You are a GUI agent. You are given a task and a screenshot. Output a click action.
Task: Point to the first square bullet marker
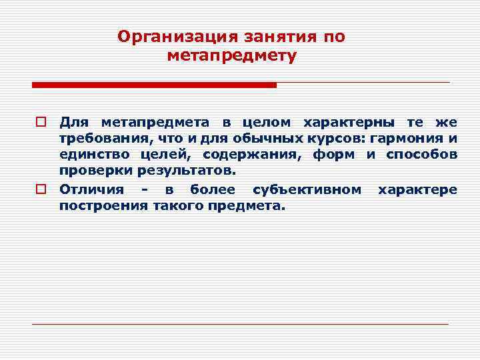click(40, 123)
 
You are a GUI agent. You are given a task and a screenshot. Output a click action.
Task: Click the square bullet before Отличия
click(40, 190)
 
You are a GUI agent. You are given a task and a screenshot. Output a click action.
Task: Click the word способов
click(422, 155)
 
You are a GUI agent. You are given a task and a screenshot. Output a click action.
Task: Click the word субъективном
click(307, 189)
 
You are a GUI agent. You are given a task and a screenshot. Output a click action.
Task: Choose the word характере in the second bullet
click(418, 189)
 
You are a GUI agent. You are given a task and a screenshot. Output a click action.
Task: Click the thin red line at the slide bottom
click(240, 324)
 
